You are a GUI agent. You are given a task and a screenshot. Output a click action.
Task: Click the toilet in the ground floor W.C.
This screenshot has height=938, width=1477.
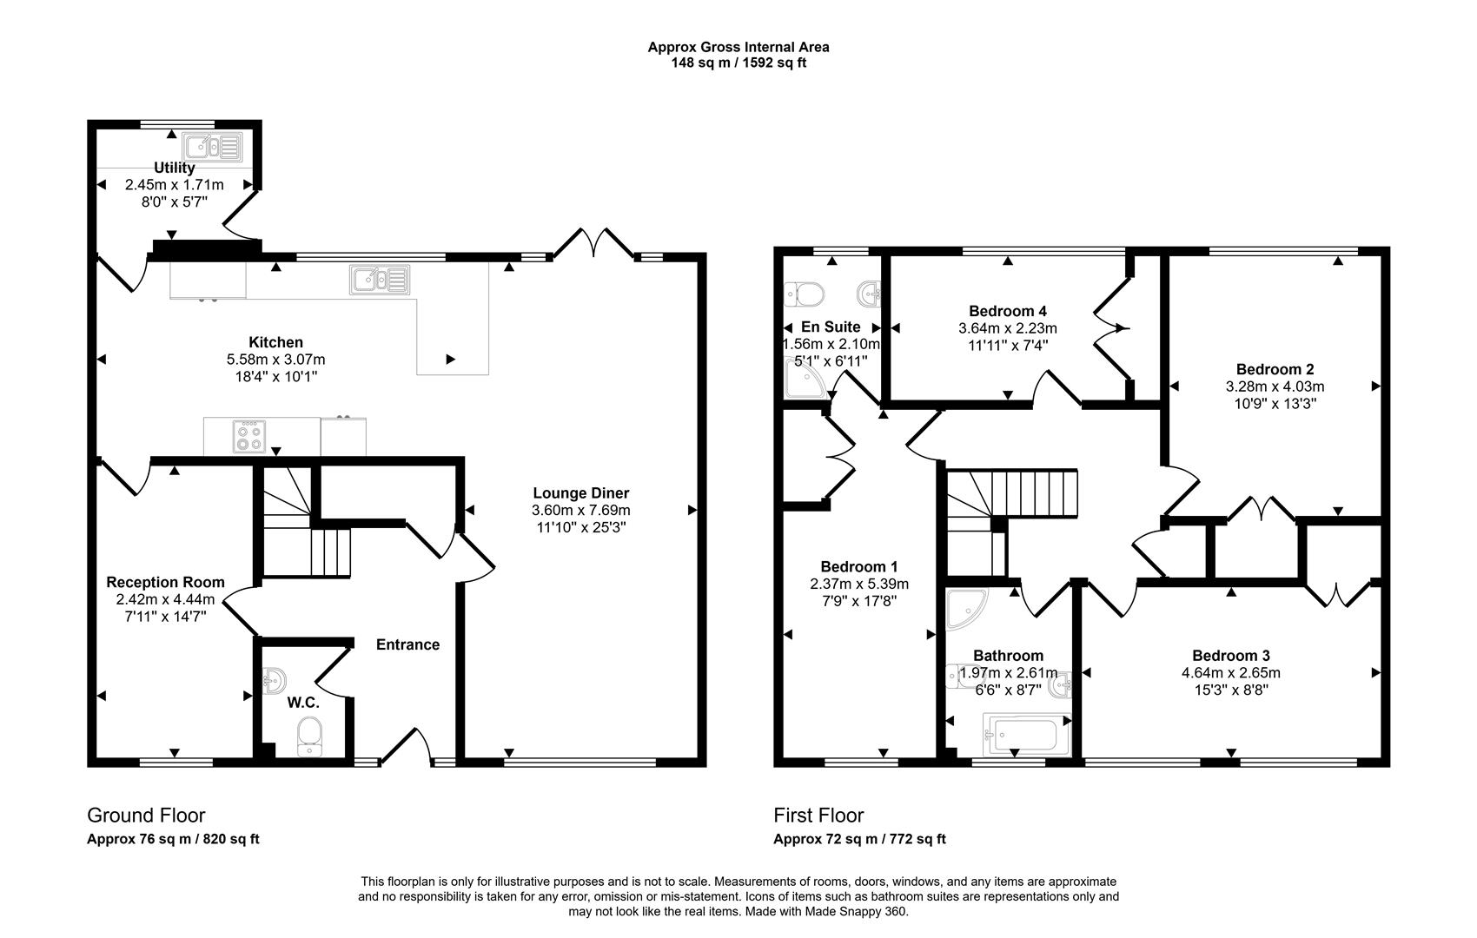coord(309,737)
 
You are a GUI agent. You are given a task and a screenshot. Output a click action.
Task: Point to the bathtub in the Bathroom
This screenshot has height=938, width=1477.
coord(1021,737)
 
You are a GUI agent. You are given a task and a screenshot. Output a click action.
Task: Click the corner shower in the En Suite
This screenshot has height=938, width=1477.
coord(806,379)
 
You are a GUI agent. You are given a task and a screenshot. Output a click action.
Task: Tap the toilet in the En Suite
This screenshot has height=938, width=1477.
coord(804,295)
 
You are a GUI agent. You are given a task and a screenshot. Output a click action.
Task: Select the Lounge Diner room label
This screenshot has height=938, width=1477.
coord(580,493)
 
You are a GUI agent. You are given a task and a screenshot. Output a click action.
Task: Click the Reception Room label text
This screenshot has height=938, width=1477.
coord(165,583)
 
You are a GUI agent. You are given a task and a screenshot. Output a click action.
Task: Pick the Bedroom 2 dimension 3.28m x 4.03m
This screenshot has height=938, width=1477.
coord(1275,386)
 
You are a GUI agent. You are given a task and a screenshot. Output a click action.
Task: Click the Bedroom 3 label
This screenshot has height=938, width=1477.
coord(1230,656)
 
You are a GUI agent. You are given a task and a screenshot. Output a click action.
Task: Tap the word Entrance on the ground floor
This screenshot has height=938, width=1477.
coord(407,644)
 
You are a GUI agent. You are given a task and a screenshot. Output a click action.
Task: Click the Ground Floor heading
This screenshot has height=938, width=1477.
coord(146,816)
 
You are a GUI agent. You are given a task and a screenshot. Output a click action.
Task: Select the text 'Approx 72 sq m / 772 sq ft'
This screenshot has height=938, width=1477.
coord(859,839)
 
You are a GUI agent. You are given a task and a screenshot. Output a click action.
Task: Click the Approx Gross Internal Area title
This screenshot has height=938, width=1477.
coord(738,48)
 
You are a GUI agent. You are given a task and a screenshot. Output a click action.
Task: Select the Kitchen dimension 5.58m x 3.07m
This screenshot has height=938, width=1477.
coord(275,359)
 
